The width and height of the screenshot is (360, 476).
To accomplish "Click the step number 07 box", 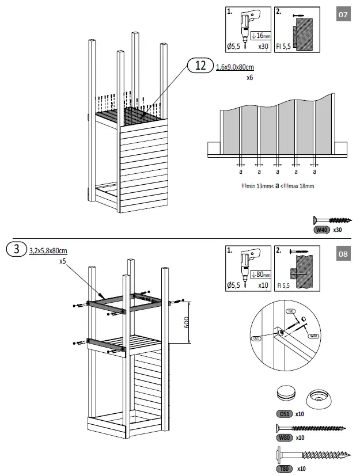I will [x=343, y=15].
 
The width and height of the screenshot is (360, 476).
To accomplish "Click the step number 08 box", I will [x=343, y=254].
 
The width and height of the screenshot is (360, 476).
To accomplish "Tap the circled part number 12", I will [x=200, y=67].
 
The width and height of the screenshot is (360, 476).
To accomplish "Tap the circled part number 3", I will [x=17, y=250].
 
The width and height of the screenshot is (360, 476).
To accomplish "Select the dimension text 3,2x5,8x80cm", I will [x=48, y=250].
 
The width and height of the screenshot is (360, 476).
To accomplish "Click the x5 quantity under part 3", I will [x=62, y=260].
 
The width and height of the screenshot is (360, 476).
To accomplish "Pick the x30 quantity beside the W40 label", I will [x=338, y=230].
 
